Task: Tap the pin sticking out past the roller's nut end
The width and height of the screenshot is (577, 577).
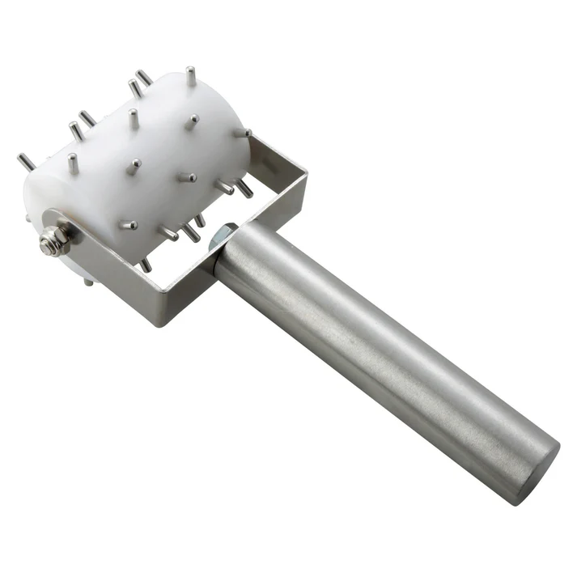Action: (x=25, y=163)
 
